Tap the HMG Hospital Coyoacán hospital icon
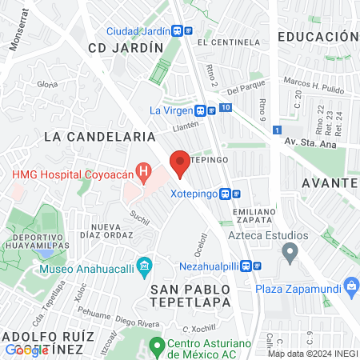coord(143,170)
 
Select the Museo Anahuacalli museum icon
coord(145,265)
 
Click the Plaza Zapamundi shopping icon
coord(350,286)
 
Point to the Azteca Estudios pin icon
coord(290,254)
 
